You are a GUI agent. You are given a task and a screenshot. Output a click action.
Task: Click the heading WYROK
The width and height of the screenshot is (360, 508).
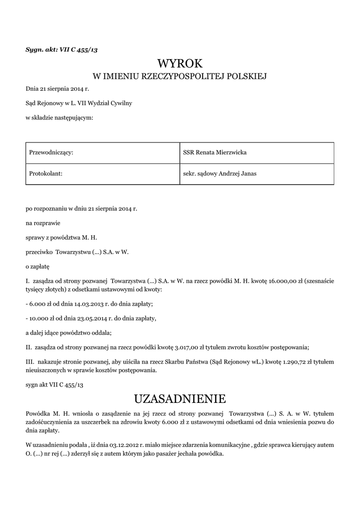[180, 63]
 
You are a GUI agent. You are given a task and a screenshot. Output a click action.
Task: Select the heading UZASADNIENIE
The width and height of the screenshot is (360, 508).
[180, 398]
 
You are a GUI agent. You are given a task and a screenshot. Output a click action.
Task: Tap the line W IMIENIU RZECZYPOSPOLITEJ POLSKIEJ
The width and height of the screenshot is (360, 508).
[180, 76]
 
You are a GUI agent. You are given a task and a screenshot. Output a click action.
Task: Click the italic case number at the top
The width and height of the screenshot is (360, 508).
[58, 49]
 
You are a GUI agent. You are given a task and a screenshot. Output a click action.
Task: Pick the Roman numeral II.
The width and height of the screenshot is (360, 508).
[29, 346]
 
